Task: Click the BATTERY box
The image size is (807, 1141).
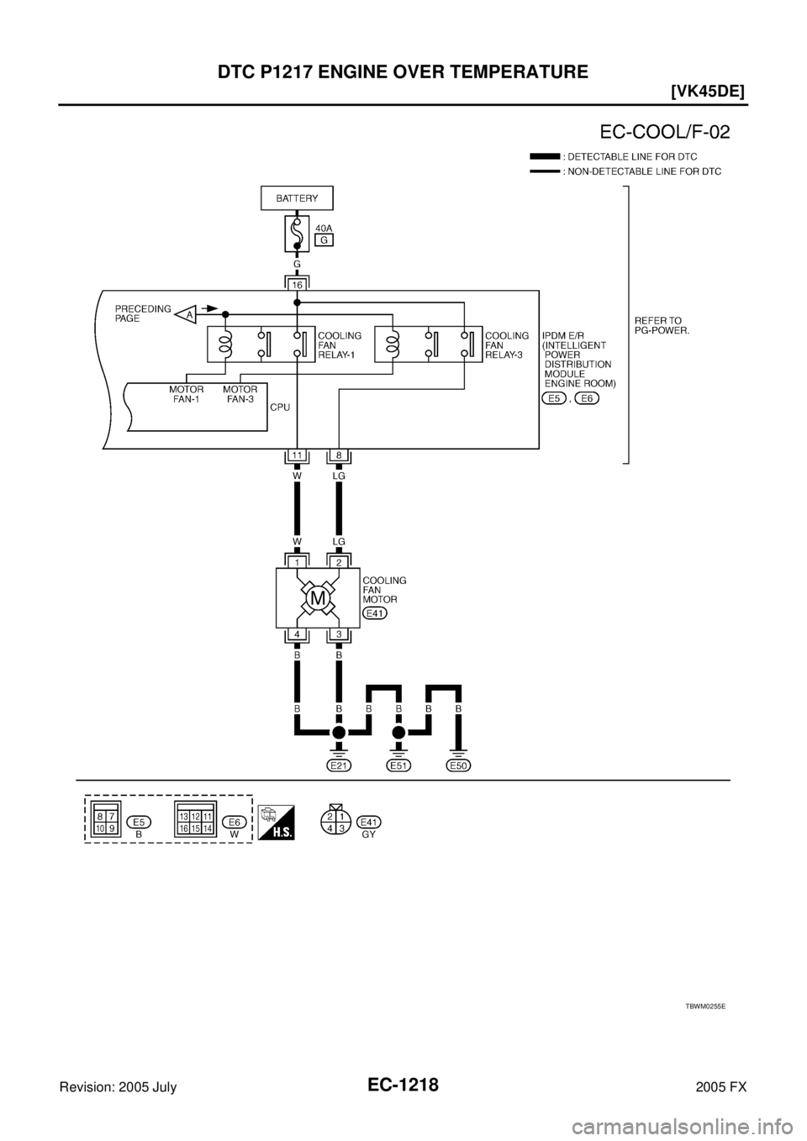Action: [297, 198]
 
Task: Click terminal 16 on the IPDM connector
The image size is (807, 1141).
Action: [297, 284]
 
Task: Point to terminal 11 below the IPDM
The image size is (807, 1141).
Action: [297, 455]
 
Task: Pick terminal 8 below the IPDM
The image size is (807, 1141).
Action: [338, 455]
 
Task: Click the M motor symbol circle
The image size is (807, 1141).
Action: [318, 598]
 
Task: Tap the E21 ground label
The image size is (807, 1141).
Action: [338, 765]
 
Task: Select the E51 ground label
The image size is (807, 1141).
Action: [398, 765]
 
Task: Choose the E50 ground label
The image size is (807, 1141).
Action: [459, 765]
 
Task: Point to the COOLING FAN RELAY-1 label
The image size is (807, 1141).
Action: [339, 344]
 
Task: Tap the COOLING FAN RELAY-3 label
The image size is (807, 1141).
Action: [507, 344]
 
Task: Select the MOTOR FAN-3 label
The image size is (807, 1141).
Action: [240, 394]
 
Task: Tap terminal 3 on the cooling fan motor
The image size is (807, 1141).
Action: [338, 634]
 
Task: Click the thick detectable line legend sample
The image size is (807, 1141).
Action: [545, 156]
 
